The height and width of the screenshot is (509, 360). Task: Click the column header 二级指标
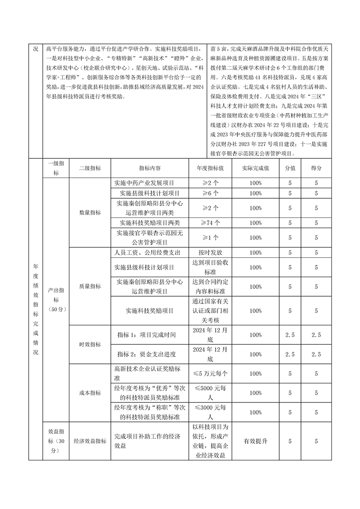click(x=89, y=168)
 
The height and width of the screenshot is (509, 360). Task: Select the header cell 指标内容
click(x=150, y=168)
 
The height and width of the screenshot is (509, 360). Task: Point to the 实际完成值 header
click(x=256, y=168)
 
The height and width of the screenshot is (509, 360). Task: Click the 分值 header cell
click(x=290, y=168)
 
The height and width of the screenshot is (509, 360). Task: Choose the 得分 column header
click(x=316, y=168)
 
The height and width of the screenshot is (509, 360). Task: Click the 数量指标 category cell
click(x=89, y=212)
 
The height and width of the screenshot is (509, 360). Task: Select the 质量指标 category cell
click(x=89, y=287)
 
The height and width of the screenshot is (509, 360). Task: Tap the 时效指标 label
click(x=89, y=345)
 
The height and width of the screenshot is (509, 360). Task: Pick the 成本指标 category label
click(x=89, y=393)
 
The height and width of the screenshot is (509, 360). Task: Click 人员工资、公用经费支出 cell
click(x=150, y=252)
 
